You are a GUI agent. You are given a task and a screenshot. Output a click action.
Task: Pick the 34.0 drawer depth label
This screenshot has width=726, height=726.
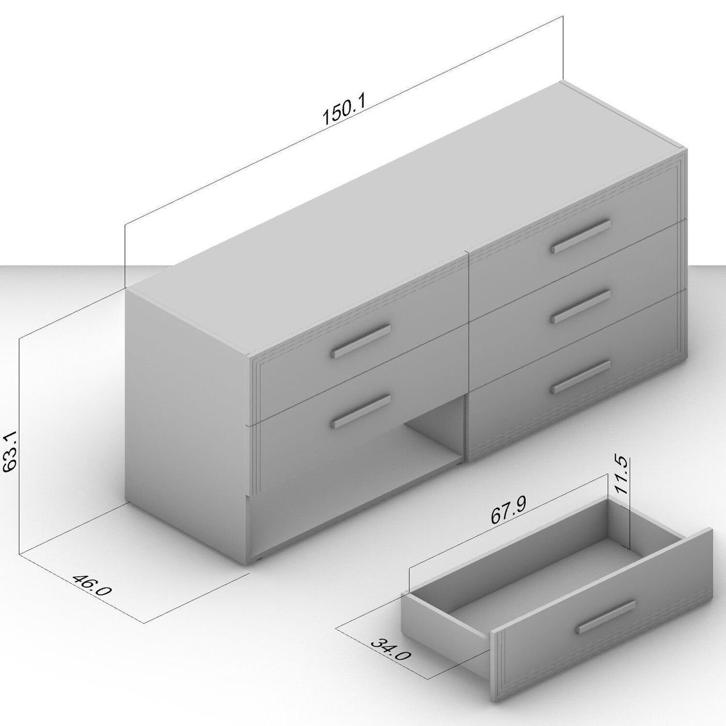coord(390,655)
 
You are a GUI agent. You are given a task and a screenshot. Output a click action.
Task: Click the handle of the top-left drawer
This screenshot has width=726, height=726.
coord(361,341)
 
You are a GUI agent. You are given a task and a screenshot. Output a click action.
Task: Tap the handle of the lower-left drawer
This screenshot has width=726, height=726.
coord(361,412)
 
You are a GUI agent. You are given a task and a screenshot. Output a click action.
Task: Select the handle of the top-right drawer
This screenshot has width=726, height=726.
coord(580,236)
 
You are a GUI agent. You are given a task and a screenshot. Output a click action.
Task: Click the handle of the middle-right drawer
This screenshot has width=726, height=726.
coord(580,306)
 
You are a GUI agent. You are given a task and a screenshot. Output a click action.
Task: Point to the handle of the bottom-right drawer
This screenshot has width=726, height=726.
coord(580,377)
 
